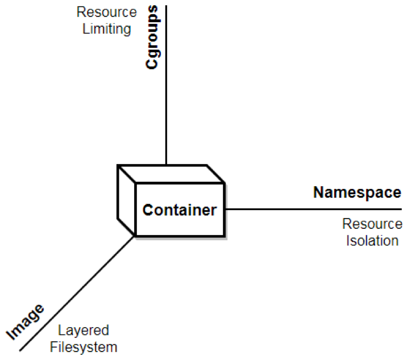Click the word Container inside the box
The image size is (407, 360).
pos(180,210)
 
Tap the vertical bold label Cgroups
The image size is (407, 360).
pos(152,37)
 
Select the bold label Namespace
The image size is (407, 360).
pos(357,192)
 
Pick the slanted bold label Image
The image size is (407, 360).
pos(25,321)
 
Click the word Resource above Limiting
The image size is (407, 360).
pos(107,12)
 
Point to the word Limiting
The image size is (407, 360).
pos(107,29)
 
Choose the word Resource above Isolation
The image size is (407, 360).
pos(372,224)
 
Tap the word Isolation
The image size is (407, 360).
pos(372,241)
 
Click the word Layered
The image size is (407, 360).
pos(84,330)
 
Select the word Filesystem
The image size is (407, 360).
pos(84,348)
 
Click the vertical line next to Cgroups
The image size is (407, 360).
pos(166,85)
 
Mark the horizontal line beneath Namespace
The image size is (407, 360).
pos(313,209)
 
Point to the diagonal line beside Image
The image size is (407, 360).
pos(77,294)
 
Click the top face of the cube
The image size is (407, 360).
pos(171,174)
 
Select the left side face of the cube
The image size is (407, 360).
pos(127,200)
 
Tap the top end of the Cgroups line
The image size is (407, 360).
pos(166,6)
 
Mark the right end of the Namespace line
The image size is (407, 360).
pos(401,209)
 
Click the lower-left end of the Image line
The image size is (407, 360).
pos(20,351)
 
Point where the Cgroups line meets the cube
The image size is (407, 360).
pos(166,165)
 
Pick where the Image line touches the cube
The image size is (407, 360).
pos(135,236)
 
